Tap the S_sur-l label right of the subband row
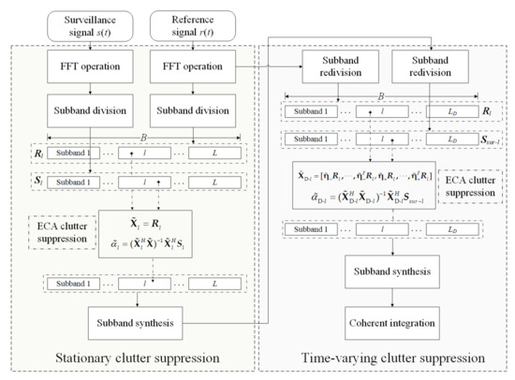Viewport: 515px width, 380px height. (483, 142)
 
